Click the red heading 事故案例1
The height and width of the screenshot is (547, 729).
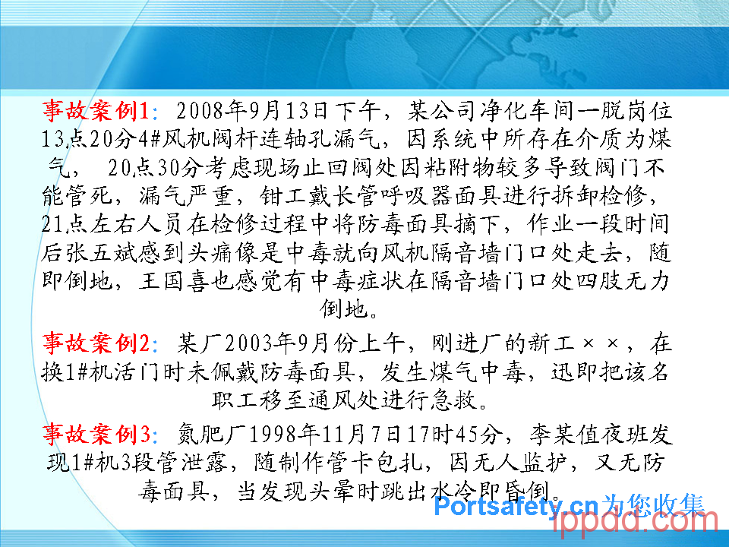96,111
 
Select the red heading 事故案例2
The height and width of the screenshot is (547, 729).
96,343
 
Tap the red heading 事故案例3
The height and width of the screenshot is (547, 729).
96,434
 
